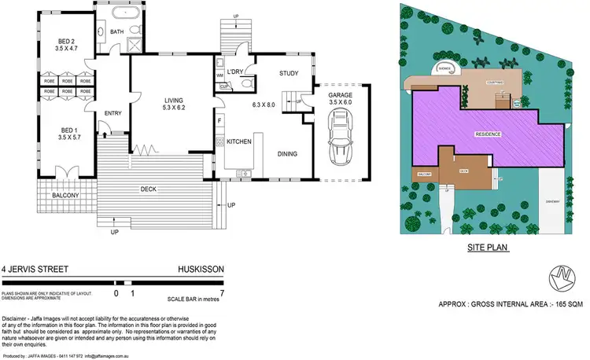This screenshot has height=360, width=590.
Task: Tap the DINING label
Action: click(286, 154)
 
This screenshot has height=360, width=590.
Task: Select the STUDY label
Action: click(289, 75)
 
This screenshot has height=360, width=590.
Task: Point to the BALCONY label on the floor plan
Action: click(65, 195)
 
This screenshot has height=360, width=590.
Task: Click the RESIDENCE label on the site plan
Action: click(488, 134)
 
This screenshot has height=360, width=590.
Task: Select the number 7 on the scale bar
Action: click(223, 292)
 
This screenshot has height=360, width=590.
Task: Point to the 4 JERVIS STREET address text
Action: click(32, 268)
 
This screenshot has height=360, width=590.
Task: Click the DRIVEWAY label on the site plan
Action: click(552, 201)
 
